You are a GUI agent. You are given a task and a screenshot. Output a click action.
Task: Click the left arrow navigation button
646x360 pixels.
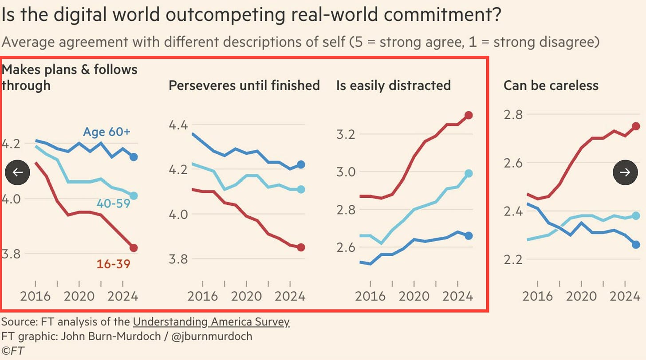pyautogui.click(x=17, y=172)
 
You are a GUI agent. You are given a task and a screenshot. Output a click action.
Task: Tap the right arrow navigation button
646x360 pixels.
pyautogui.click(x=626, y=172)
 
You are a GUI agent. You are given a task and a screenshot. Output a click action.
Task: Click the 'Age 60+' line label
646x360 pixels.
pyautogui.click(x=106, y=132)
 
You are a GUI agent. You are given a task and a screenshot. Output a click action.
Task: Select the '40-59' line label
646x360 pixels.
pyautogui.click(x=113, y=204)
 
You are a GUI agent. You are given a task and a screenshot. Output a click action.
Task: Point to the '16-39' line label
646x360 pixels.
pyautogui.click(x=114, y=264)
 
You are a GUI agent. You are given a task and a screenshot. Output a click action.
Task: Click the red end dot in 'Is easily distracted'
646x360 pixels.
pyautogui.click(x=469, y=115)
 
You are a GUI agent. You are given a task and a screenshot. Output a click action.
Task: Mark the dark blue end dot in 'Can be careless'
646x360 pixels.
pyautogui.click(x=636, y=244)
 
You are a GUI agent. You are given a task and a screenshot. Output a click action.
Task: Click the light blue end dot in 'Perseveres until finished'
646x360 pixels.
pyautogui.click(x=301, y=189)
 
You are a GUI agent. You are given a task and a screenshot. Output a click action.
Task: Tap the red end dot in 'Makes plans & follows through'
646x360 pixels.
pyautogui.click(x=134, y=248)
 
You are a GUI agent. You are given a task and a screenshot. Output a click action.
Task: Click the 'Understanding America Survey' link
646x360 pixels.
pyautogui.click(x=211, y=322)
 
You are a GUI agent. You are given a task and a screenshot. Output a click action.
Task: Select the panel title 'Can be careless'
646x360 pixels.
pyautogui.click(x=551, y=85)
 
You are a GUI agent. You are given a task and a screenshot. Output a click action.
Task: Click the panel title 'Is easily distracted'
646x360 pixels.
pyautogui.click(x=393, y=85)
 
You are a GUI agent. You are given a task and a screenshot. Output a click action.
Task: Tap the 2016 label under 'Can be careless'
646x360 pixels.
pyautogui.click(x=537, y=296)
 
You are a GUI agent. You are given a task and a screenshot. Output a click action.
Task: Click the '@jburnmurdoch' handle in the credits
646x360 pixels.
pyautogui.click(x=212, y=336)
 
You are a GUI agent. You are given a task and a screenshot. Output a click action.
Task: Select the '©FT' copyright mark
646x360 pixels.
pyautogui.click(x=13, y=350)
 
